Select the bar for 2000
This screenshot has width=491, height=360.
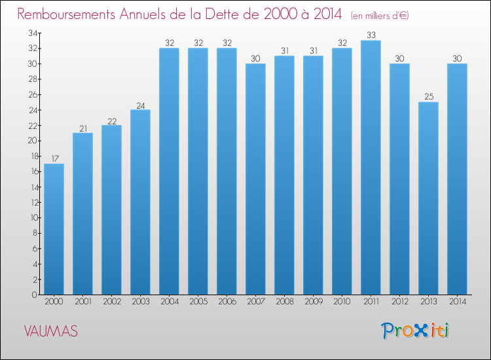54,229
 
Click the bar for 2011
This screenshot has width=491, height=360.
371,168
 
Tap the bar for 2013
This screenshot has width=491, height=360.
428,198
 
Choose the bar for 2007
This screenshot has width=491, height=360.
255,179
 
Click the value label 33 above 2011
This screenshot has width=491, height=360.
371,35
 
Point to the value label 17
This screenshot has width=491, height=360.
54,158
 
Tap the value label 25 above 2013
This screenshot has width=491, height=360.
428,97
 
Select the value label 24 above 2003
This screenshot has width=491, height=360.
140,105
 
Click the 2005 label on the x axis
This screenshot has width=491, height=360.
198,302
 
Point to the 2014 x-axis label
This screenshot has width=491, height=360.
457,302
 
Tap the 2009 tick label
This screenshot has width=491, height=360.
313,302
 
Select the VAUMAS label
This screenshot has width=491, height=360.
50,331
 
